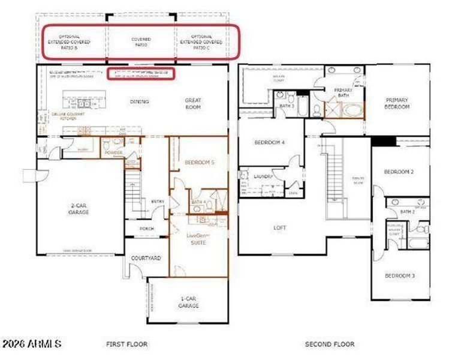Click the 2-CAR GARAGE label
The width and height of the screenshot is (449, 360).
pyautogui.click(x=79, y=208)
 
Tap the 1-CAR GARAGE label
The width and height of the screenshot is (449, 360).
pyautogui.click(x=188, y=302)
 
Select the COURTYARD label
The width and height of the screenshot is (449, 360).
pyautogui.click(x=146, y=258)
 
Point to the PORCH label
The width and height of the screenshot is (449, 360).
pyautogui.click(x=146, y=229)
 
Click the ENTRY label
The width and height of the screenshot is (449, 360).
pyautogui.click(x=158, y=202)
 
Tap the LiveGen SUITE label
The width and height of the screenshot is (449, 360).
pyautogui.click(x=198, y=239)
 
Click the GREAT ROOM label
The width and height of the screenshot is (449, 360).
pyautogui.click(x=193, y=104)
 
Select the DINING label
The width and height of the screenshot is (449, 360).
pyautogui.click(x=140, y=102)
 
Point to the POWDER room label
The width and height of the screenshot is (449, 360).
pyautogui.click(x=114, y=153)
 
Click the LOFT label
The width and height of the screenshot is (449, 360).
pyautogui.click(x=279, y=228)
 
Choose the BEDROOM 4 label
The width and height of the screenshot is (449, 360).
pyautogui.click(x=270, y=143)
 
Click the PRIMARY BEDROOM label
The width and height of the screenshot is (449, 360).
pyautogui.click(x=397, y=103)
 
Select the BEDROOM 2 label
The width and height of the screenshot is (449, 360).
pyautogui.click(x=399, y=172)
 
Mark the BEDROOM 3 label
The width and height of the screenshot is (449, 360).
pyautogui.click(x=400, y=276)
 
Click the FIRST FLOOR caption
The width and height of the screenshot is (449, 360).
pyautogui.click(x=126, y=344)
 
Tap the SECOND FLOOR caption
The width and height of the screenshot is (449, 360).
pyautogui.click(x=329, y=344)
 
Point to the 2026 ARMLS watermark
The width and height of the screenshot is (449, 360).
pyautogui.click(x=31, y=344)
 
